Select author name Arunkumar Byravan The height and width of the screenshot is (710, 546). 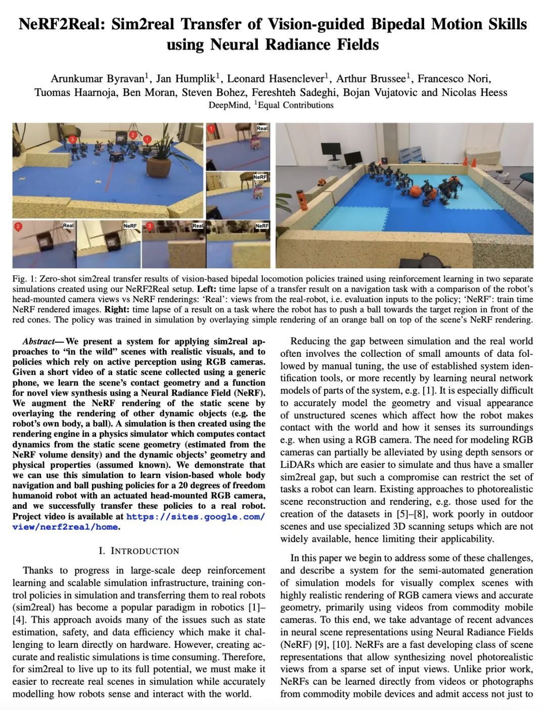97,78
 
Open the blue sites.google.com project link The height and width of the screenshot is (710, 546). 195,516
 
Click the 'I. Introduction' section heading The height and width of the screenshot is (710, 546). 139,551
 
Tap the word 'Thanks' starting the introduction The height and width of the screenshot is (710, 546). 37,571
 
